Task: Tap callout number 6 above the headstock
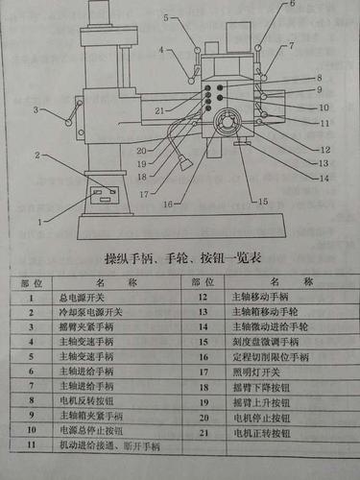tap(292, 5)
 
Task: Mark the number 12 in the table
tap(203, 297)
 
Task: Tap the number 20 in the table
tap(204, 416)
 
